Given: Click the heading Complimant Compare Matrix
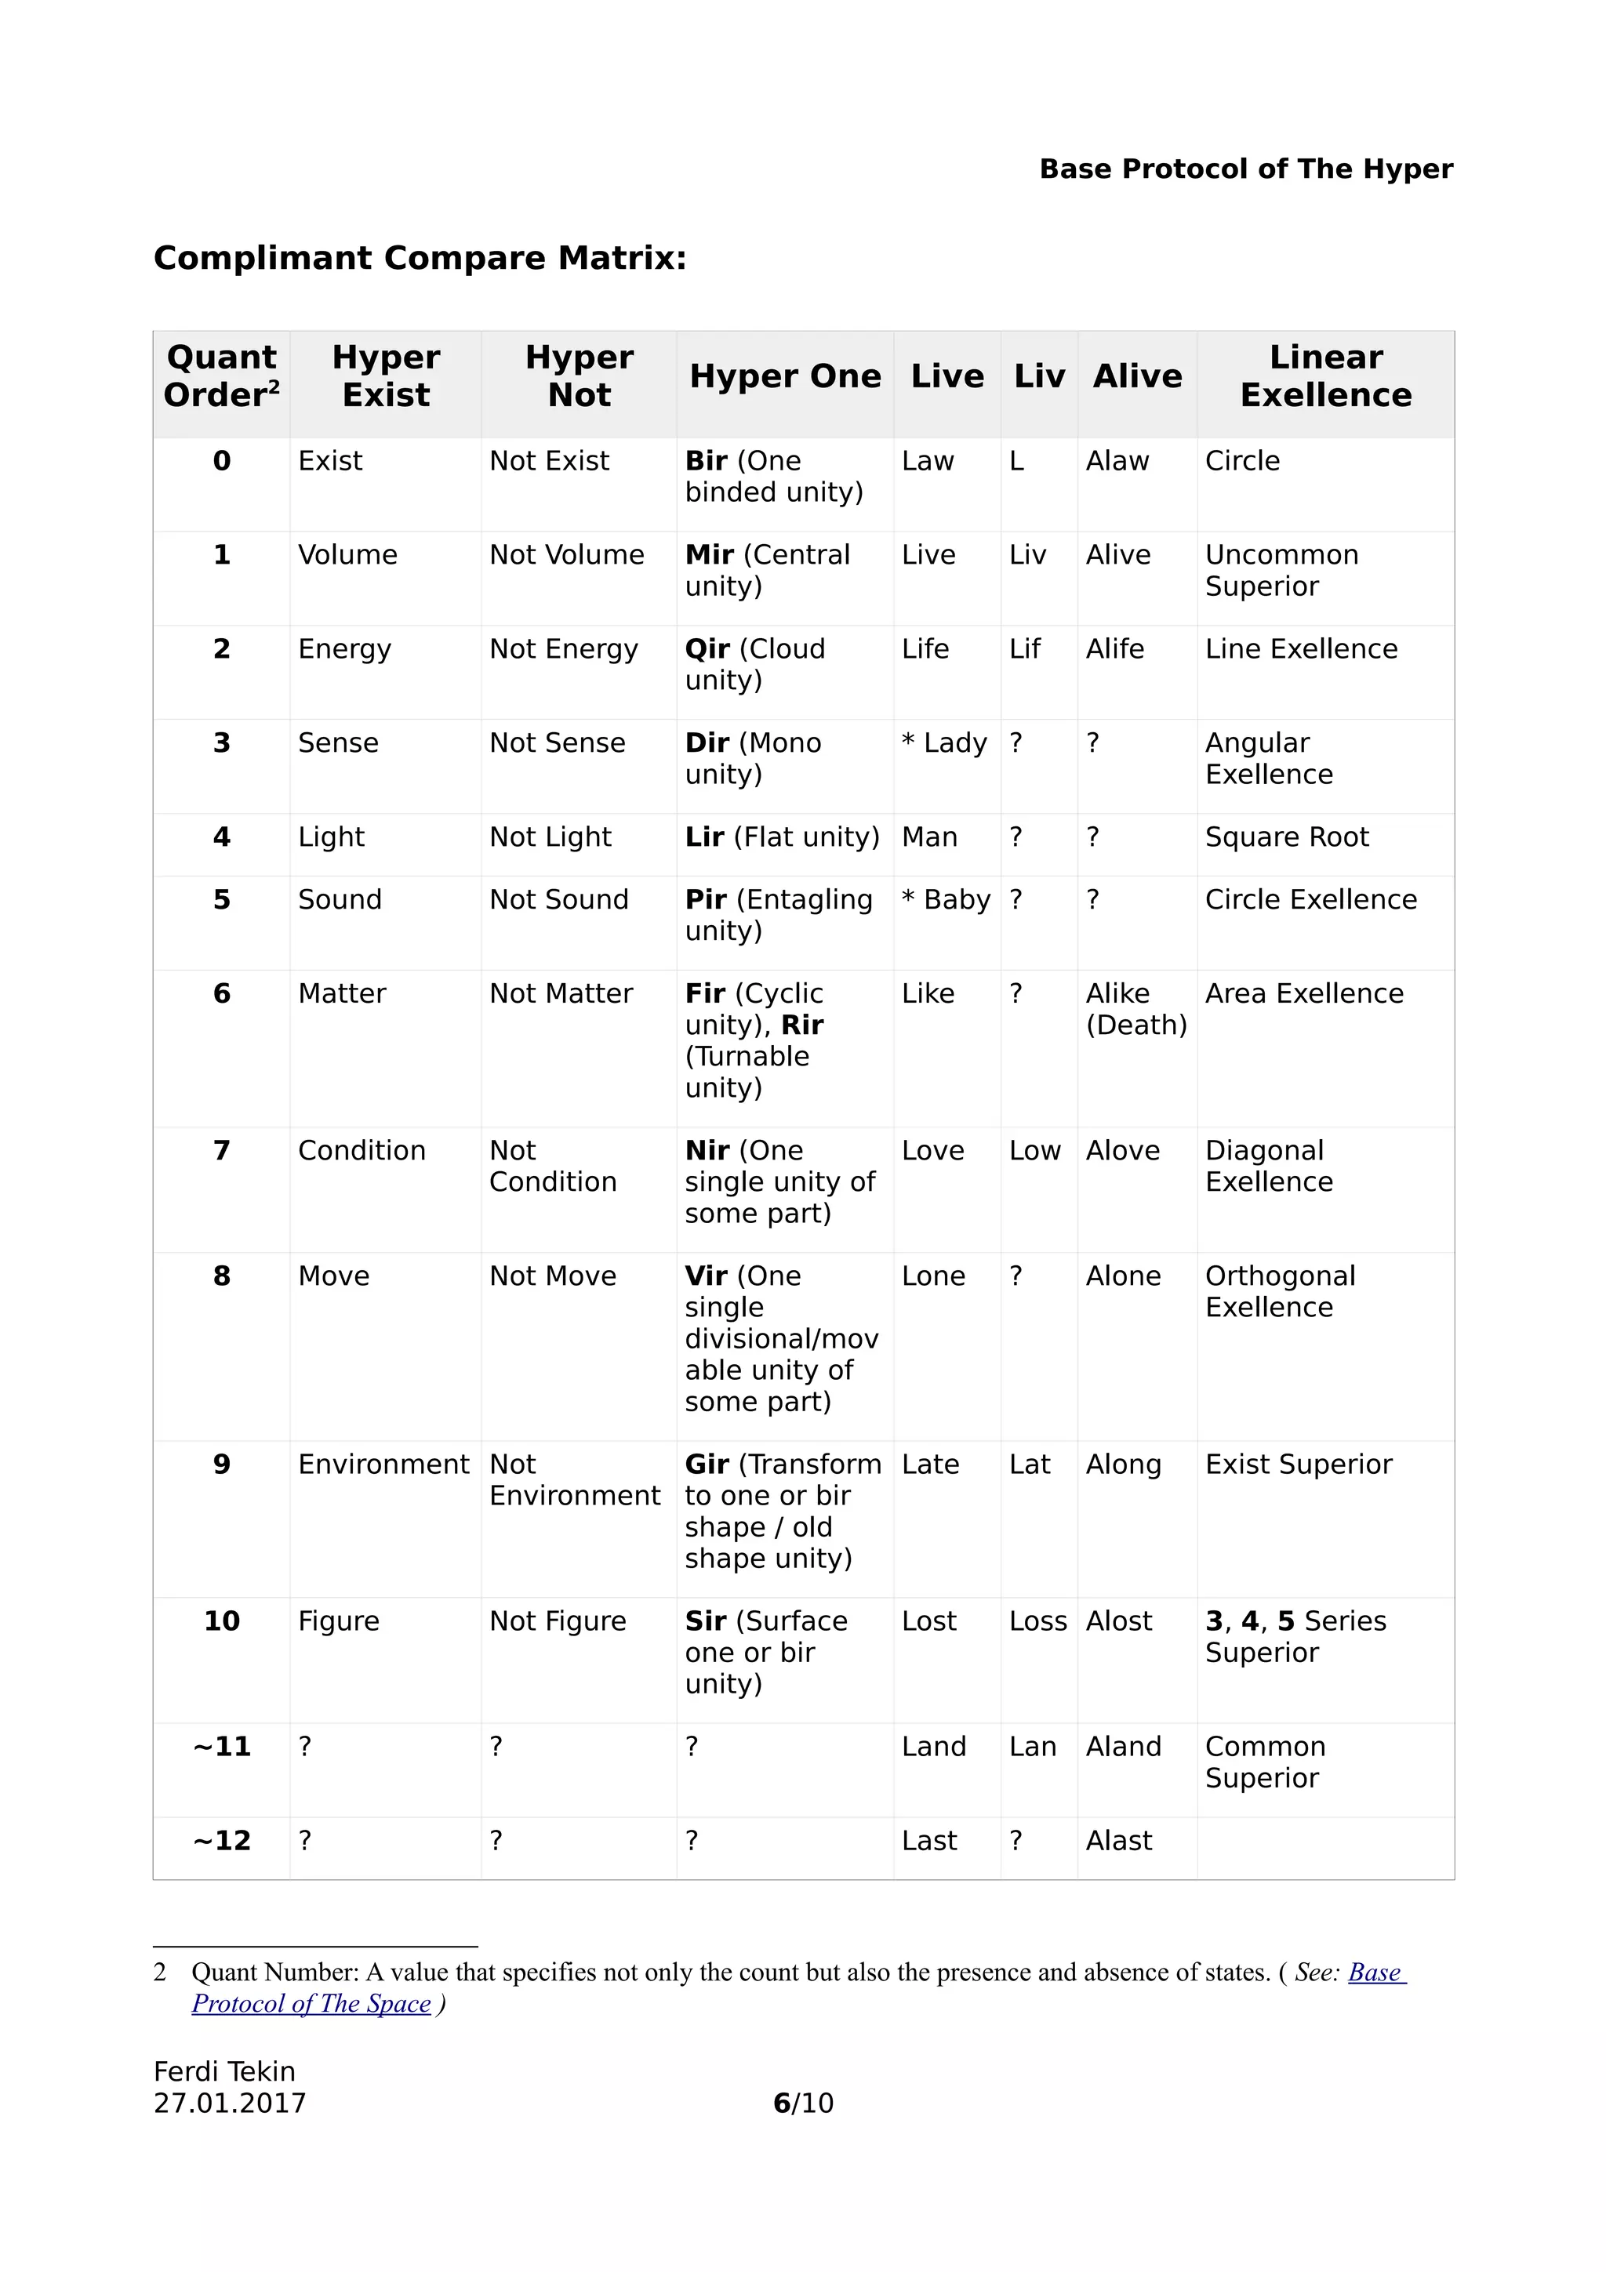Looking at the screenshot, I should pyautogui.click(x=420, y=258).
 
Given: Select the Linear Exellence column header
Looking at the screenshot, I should pyautogui.click(x=1325, y=376).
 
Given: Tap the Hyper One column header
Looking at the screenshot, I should pyautogui.click(x=785, y=376).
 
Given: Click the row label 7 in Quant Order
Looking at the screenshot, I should pyautogui.click(x=222, y=1151).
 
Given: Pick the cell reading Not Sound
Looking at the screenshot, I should pyautogui.click(x=559, y=899).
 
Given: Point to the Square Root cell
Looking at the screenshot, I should pyautogui.click(x=1286, y=837).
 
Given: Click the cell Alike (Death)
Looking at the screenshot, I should pyautogui.click(x=1136, y=1009).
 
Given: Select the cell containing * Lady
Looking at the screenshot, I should pyautogui.click(x=945, y=743).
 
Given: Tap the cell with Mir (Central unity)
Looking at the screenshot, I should pyautogui.click(x=767, y=570).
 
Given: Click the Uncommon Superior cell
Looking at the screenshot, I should pyautogui.click(x=1281, y=570).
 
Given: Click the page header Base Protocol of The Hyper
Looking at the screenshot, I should pyautogui.click(x=1246, y=169).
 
